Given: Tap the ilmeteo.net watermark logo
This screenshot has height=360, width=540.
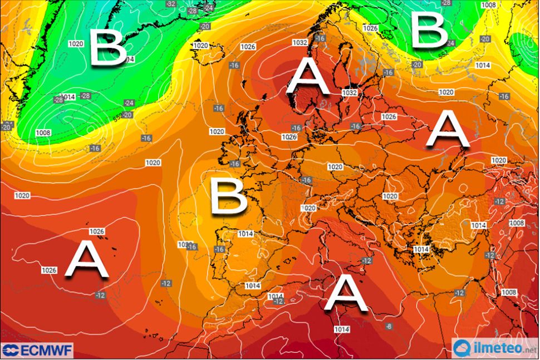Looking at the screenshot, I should [493, 349].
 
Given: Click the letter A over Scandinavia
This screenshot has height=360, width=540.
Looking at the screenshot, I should [308, 78].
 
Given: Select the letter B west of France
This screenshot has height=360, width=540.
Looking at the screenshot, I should [228, 196].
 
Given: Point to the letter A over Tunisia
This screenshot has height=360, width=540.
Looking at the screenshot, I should [346, 294].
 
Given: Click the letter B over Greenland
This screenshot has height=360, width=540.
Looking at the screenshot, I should [108, 47].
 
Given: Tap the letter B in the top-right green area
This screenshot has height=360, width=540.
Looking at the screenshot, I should [428, 30].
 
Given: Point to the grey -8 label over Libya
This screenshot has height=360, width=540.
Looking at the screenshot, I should [389, 326].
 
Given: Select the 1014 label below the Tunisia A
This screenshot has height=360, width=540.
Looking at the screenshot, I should [342, 330].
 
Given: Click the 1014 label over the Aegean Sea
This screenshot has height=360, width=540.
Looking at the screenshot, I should [421, 250].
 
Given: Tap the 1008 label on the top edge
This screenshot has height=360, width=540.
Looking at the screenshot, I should [488, 5].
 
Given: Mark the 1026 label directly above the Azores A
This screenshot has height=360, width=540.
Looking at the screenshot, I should [97, 231].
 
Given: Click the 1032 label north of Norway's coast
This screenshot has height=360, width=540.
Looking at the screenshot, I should [300, 43].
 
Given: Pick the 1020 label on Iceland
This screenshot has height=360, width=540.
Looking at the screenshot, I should [200, 46].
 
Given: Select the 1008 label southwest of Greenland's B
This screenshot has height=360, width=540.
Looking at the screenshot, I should [42, 133].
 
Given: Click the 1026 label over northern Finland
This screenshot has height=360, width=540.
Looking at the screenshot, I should [370, 28].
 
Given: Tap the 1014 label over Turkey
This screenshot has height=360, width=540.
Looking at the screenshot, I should [479, 225].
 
